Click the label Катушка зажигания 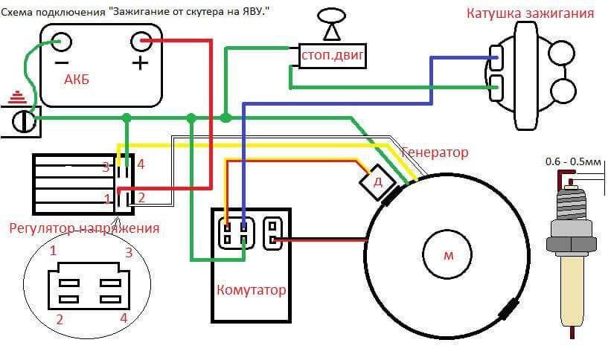tap(530, 13)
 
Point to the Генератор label tap(435, 152)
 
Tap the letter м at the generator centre tap(448, 255)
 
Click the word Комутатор tap(251, 289)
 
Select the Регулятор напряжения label tap(84, 228)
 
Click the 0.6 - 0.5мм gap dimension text tap(573, 161)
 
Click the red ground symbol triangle tap(16, 97)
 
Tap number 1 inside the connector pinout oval tap(53, 251)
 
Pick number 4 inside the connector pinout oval tap(123, 318)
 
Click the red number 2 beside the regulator tap(141, 197)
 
